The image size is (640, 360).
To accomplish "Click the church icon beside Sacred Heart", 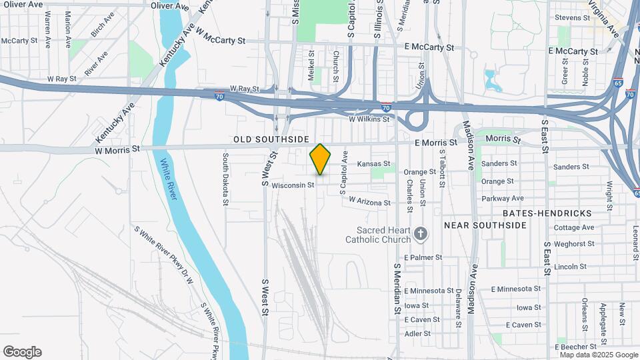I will click(420, 233).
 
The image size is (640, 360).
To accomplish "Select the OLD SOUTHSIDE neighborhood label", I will click(271, 139).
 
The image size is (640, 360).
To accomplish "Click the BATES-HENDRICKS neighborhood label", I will click(547, 213).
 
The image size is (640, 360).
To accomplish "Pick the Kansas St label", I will click(373, 163).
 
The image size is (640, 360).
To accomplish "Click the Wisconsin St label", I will click(293, 185).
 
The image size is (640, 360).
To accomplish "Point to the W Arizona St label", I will click(369, 202).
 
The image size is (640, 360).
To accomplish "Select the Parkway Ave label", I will click(503, 198).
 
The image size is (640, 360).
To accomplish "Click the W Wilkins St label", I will click(369, 119).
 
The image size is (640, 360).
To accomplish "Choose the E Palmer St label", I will click(423, 257).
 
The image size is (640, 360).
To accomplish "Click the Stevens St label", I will click(572, 17).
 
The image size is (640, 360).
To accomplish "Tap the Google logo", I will click(22, 352).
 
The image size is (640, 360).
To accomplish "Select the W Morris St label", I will click(118, 149).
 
